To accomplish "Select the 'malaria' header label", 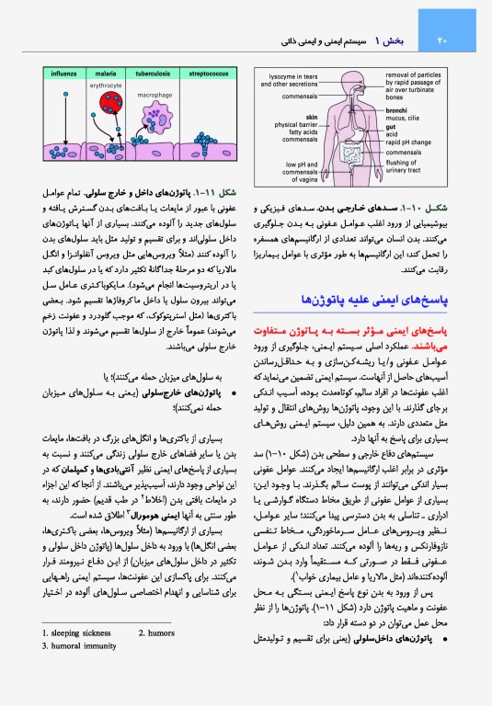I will coord(105,70).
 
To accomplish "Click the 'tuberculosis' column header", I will coord(153,70).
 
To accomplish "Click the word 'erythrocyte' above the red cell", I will coord(106,81).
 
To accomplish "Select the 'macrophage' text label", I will coord(154,95).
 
